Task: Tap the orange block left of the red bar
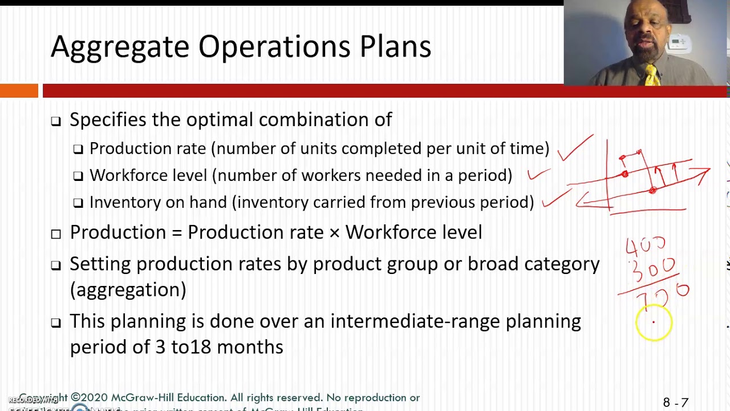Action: click(x=19, y=91)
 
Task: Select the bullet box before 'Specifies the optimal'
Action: click(x=55, y=121)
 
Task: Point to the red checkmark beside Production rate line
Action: click(x=575, y=149)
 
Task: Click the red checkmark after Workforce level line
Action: click(x=538, y=174)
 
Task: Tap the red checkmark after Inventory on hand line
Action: click(x=557, y=198)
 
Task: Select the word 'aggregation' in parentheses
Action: click(x=128, y=290)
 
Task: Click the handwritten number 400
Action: click(x=646, y=246)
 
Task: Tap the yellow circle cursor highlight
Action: click(x=654, y=323)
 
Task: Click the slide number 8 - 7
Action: click(x=675, y=403)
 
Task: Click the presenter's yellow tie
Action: click(x=651, y=75)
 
